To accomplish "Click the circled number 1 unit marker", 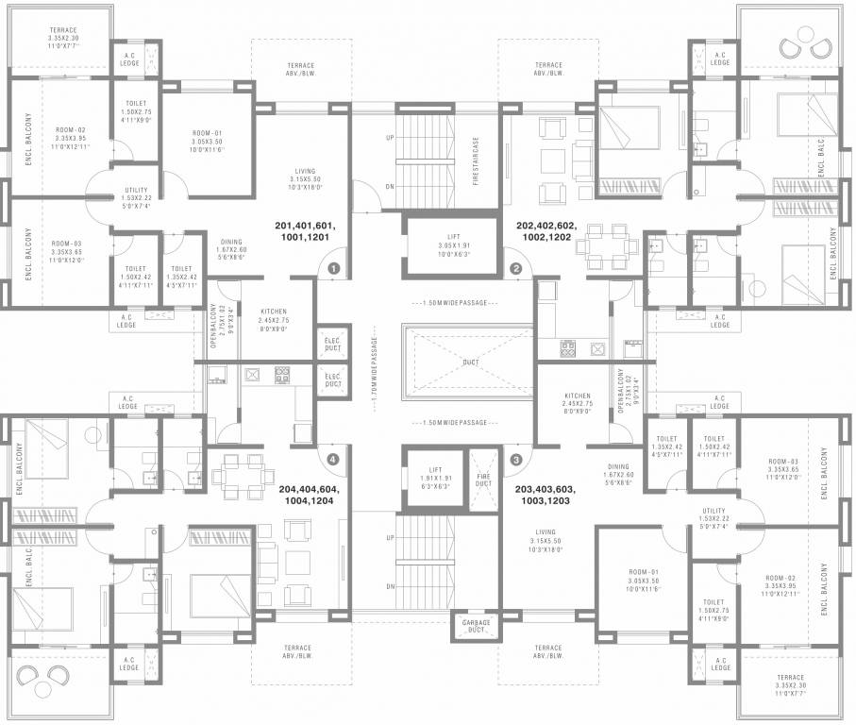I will [332, 269].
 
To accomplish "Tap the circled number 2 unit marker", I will [515, 269].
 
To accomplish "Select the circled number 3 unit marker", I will [515, 460].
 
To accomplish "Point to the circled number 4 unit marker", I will [332, 460].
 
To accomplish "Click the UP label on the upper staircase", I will [389, 138].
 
